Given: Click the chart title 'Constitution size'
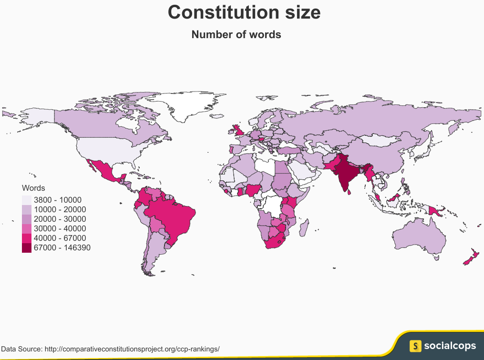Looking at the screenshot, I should click(244, 13).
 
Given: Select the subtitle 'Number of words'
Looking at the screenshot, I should click(236, 35).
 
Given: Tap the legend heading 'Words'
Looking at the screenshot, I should click(33, 188).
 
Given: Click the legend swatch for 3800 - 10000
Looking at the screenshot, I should click(27, 200).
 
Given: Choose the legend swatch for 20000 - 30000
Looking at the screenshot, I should click(27, 219).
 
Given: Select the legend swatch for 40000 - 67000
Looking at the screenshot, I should click(27, 238).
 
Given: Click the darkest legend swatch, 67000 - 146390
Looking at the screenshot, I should click(27, 247).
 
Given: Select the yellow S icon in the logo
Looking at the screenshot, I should click(416, 345).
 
